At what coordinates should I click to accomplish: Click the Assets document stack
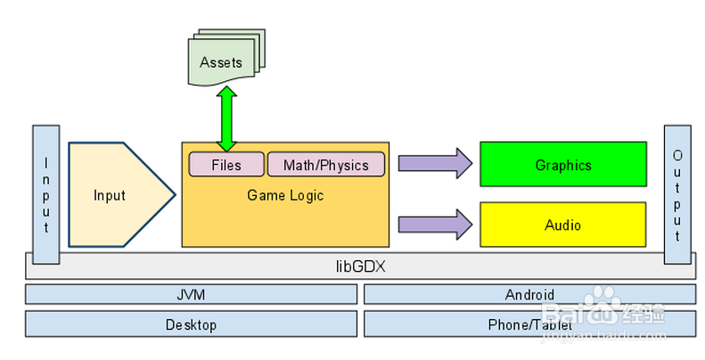[221, 63]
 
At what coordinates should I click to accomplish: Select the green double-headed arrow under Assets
[226, 119]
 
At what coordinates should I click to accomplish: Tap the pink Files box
[226, 165]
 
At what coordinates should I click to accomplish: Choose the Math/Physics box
[325, 165]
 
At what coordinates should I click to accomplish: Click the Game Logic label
[285, 195]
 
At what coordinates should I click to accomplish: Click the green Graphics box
[562, 164]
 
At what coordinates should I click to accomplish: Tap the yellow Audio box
[562, 225]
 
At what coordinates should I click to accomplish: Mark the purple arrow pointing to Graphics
[434, 163]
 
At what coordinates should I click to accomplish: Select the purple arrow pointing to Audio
[434, 223]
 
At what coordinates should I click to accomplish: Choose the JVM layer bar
[191, 294]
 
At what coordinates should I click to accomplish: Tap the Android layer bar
[529, 294]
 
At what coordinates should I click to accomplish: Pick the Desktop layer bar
[191, 324]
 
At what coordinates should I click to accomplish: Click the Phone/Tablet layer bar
[529, 324]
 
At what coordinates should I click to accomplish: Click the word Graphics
[563, 165]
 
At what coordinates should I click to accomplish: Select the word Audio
[562, 225]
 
